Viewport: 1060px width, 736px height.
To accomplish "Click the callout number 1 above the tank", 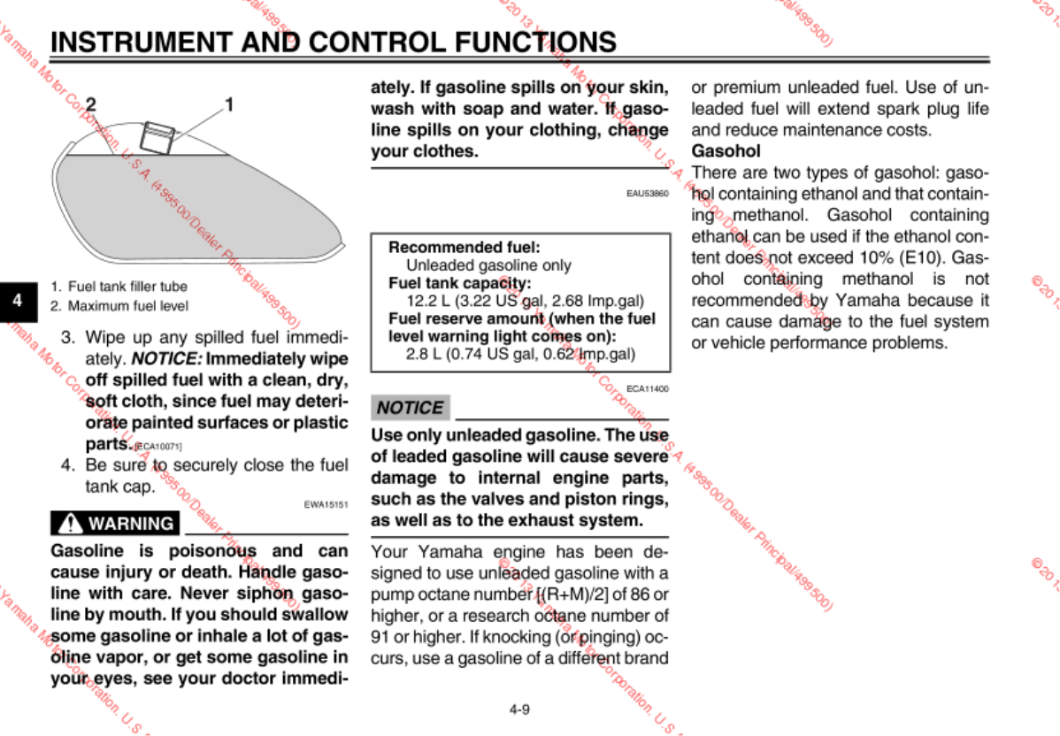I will pyautogui.click(x=229, y=104).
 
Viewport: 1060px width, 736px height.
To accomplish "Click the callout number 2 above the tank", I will pyautogui.click(x=91, y=104).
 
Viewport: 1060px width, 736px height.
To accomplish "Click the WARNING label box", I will pyautogui.click(x=116, y=523).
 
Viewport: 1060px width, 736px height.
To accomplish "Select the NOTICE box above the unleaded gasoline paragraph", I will pyautogui.click(x=410, y=408).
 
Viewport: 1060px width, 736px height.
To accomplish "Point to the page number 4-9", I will pyautogui.click(x=519, y=709).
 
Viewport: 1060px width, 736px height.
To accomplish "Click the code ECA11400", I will pyautogui.click(x=648, y=388).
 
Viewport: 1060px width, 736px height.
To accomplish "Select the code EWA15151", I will pyautogui.click(x=326, y=505).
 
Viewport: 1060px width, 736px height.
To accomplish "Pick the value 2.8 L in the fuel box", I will pyautogui.click(x=424, y=354).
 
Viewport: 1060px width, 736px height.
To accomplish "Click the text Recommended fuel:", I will pyautogui.click(x=465, y=248).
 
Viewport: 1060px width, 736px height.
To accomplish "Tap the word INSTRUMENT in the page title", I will pyautogui.click(x=142, y=42).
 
